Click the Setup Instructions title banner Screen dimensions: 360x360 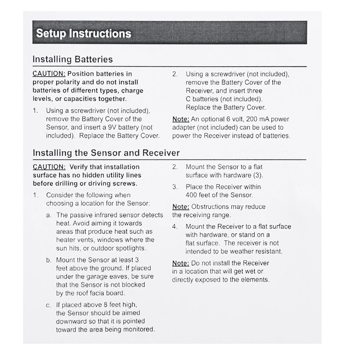point(169,32)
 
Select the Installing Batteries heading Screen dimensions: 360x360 point(73,59)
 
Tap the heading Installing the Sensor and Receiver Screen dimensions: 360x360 point(106,153)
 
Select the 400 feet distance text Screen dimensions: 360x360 point(199,195)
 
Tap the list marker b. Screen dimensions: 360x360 point(49,260)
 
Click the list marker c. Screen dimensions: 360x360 point(49,305)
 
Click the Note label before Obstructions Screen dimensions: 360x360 point(181,207)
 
